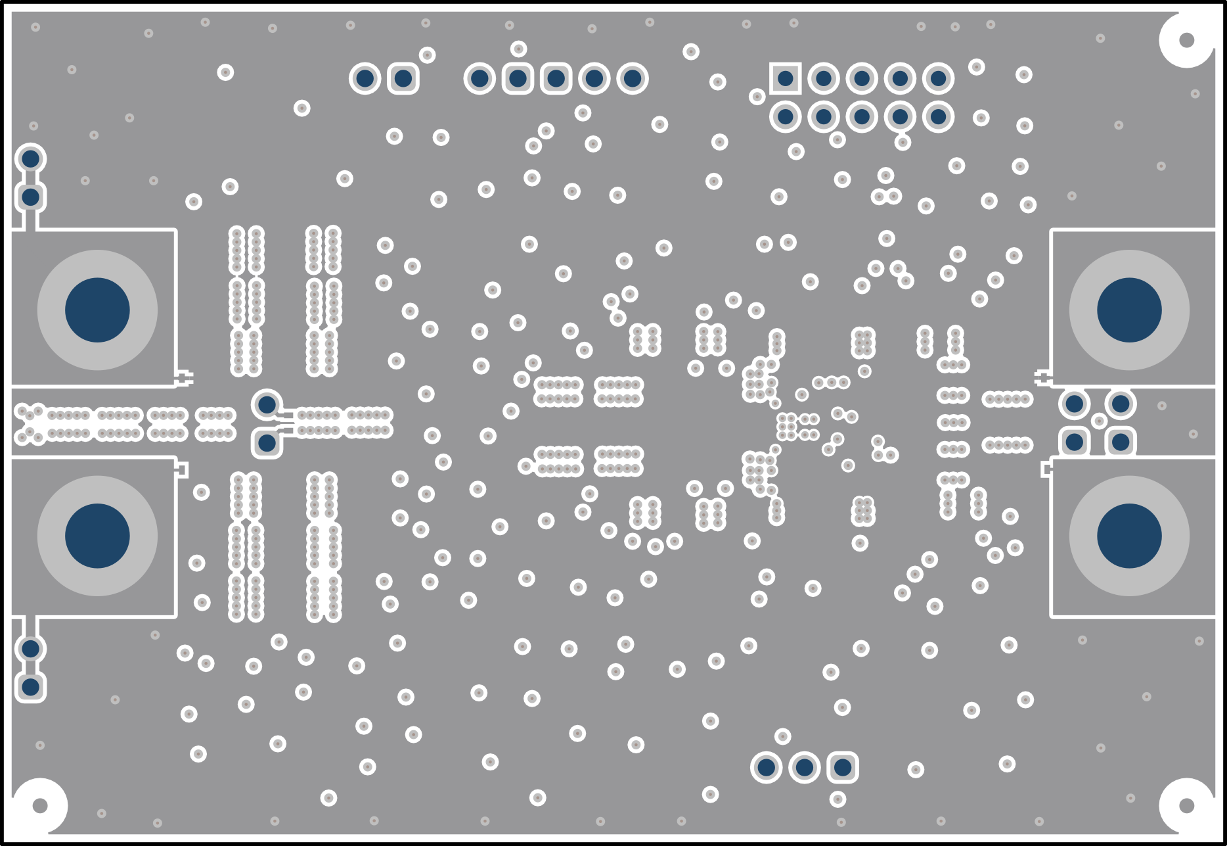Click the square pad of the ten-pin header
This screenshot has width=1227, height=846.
785,79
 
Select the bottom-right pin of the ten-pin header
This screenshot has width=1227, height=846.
938,117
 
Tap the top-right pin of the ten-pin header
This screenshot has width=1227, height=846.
938,79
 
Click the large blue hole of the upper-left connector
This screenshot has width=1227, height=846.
97,310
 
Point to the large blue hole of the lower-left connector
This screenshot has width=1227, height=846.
97,536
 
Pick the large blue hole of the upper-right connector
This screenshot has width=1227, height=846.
1129,310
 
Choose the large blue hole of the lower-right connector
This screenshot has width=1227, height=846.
1129,536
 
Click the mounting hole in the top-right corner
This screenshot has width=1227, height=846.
1186,40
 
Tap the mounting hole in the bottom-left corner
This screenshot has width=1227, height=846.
40,805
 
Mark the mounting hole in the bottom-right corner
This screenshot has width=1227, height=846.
1186,805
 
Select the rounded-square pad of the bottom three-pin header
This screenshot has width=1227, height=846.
843,767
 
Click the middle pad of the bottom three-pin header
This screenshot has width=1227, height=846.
805,767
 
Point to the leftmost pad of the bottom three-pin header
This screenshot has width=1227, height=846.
766,767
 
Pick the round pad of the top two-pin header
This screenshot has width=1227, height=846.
365,79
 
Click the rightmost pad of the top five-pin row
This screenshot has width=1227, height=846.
632,79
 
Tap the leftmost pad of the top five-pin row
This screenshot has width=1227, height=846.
480,79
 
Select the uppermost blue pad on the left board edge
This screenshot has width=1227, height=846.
30,158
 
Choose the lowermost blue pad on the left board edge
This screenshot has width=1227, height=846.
30,687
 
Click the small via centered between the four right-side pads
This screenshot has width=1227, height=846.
1098,421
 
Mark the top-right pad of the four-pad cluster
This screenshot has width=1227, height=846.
1121,404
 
